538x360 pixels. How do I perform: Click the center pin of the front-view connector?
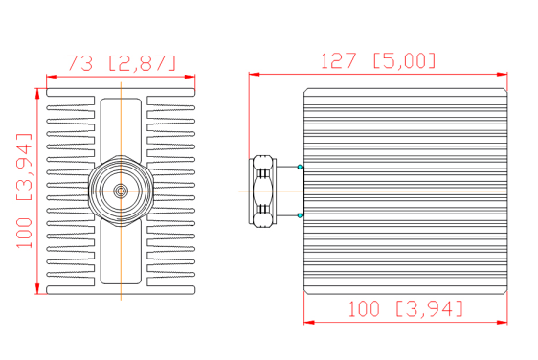[121, 191]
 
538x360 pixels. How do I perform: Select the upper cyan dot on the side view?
[301, 168]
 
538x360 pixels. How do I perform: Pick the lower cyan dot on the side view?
[301, 215]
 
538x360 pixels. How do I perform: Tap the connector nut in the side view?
[261, 191]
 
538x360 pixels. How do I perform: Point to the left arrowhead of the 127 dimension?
[254, 74]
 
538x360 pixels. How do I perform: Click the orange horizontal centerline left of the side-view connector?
[244, 191]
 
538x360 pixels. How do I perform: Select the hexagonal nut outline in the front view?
[99, 191]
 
